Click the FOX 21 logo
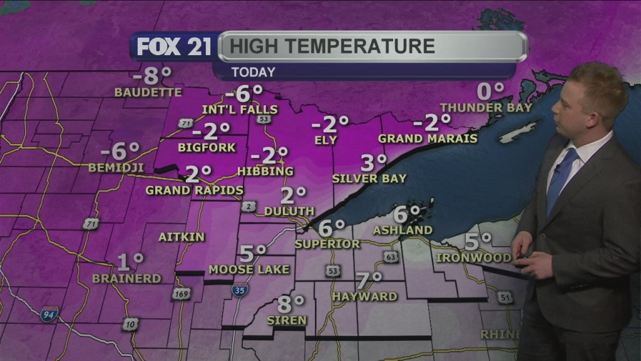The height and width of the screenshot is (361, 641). click(x=174, y=47)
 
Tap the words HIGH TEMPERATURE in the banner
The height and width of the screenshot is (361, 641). click(x=332, y=46)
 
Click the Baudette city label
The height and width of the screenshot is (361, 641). click(x=148, y=92)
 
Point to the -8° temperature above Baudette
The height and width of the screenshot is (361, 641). click(x=152, y=76)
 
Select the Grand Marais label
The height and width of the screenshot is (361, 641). click(x=428, y=138)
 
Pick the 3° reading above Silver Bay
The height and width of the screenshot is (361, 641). click(x=374, y=163)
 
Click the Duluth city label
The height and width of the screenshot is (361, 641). click(x=289, y=211)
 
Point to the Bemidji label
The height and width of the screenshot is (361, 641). click(x=116, y=167)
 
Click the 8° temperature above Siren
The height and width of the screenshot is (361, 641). click(x=290, y=305)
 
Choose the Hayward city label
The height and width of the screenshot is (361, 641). click(x=365, y=296)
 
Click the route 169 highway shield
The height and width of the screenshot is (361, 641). click(x=180, y=294)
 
